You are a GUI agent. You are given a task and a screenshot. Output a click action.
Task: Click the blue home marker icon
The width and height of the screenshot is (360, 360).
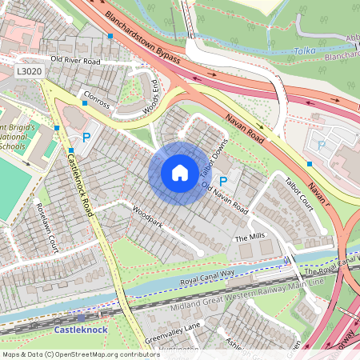[179, 173]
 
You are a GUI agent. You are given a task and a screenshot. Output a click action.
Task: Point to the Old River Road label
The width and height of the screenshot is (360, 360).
[75, 59]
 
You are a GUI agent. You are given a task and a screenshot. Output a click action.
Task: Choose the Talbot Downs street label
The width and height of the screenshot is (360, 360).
[210, 159]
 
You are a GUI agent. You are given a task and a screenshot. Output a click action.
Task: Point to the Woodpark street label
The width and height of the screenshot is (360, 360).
[148, 219]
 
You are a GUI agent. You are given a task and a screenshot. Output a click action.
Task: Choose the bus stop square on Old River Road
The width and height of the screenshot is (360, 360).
[110, 36]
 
